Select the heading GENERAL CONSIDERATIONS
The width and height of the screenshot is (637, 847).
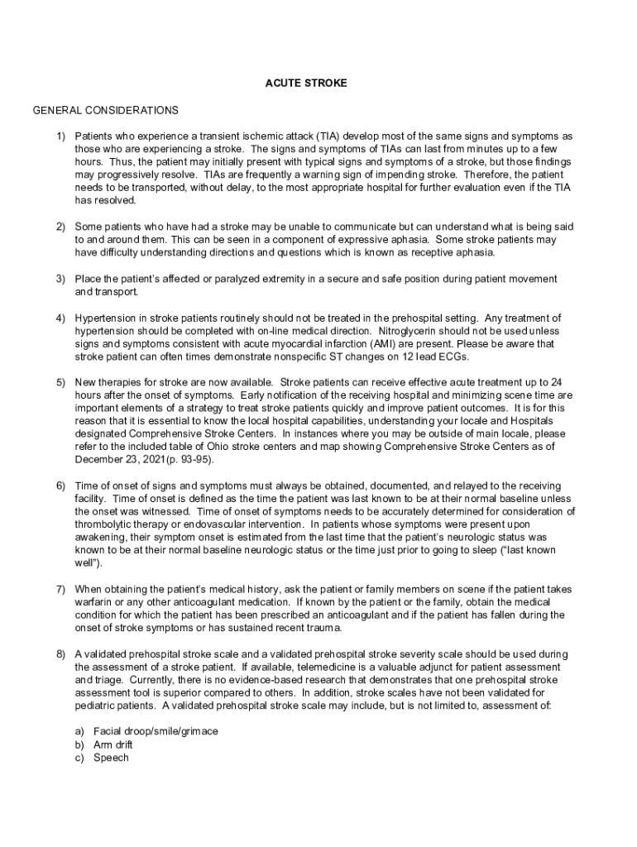pyautogui.click(x=105, y=110)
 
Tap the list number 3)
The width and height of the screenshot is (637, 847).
pyautogui.click(x=60, y=279)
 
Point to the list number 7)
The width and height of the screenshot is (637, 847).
pyautogui.click(x=60, y=589)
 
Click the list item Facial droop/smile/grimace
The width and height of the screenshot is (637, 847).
pyautogui.click(x=156, y=732)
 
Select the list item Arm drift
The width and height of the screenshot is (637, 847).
pyautogui.click(x=113, y=744)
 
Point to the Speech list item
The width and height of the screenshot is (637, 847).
pyautogui.click(x=111, y=757)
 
